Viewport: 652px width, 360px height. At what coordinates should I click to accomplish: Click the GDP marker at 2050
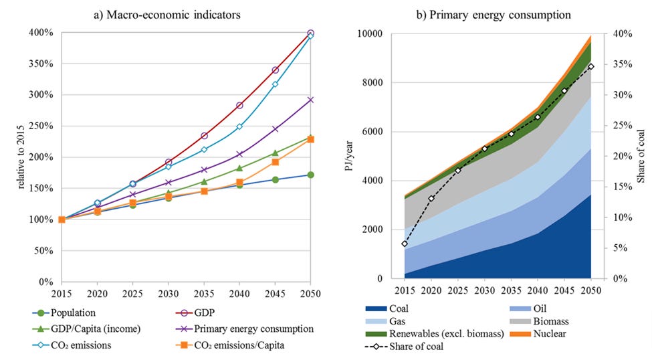pos(310,33)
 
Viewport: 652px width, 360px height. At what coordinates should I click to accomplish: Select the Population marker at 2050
pos(310,175)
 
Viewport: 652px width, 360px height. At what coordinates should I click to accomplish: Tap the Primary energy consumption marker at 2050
pos(310,100)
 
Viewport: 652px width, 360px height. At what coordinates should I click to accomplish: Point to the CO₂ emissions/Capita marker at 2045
pos(275,162)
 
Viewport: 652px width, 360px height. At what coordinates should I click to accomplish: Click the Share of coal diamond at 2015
pos(405,244)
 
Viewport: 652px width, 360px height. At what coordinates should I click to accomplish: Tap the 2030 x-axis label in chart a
pos(168,293)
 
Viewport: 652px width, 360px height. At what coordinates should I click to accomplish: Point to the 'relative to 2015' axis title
pos(11,157)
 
